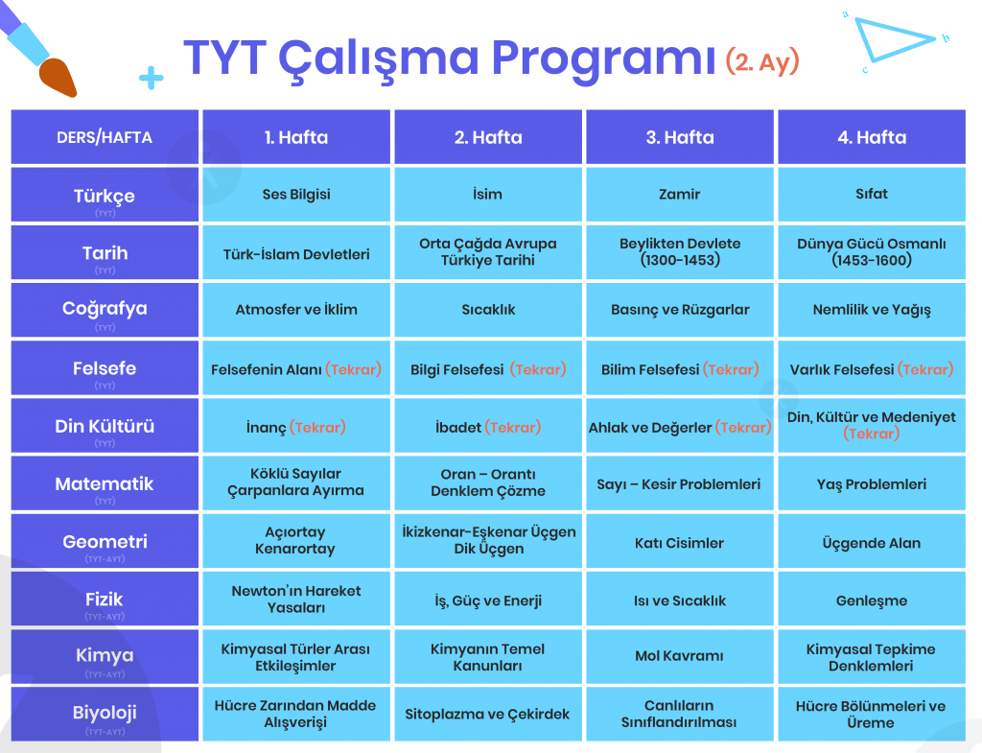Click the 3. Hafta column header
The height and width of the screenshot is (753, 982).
pos(680,137)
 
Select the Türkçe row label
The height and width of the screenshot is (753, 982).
pos(105,195)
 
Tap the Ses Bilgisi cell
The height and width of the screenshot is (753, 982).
pos(296,195)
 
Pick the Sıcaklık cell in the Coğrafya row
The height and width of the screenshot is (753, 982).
pos(488,310)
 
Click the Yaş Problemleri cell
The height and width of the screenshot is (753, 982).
pos(871,483)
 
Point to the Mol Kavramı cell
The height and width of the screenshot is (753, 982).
pos(680,656)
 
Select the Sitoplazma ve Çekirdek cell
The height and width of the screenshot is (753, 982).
pos(488,714)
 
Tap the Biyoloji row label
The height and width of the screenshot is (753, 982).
pos(105,714)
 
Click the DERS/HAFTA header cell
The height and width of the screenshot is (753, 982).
pos(105,137)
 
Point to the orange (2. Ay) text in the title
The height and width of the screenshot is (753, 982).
pos(762,61)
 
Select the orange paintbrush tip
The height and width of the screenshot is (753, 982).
pos(58,78)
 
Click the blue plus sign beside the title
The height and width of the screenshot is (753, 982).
pos(151,78)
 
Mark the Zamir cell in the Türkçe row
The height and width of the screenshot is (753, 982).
pos(680,195)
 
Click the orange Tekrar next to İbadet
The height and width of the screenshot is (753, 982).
pos(513,427)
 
